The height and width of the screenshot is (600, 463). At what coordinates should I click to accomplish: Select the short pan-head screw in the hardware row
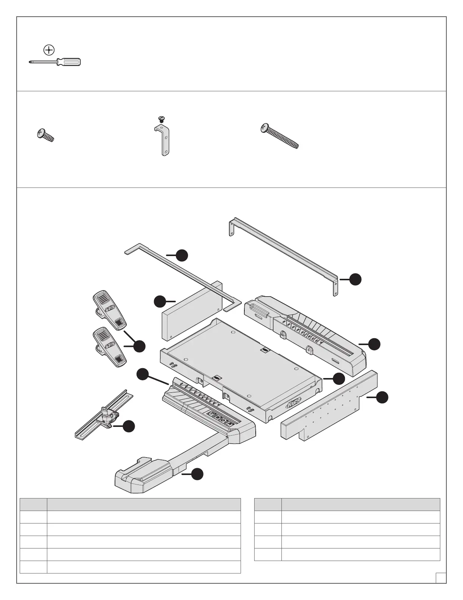[45, 135]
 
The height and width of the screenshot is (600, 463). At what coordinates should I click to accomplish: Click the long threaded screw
[280, 136]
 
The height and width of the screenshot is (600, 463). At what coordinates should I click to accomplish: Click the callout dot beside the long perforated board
[383, 397]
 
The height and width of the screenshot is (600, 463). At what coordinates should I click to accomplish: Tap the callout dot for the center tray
[339, 378]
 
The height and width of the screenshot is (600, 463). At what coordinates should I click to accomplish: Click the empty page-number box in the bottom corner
[440, 578]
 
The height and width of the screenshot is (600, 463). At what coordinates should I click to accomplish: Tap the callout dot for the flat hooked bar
[182, 255]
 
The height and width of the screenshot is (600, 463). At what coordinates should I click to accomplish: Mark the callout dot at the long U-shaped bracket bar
[355, 280]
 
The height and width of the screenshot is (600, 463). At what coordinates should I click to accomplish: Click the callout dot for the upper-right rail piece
[374, 344]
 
